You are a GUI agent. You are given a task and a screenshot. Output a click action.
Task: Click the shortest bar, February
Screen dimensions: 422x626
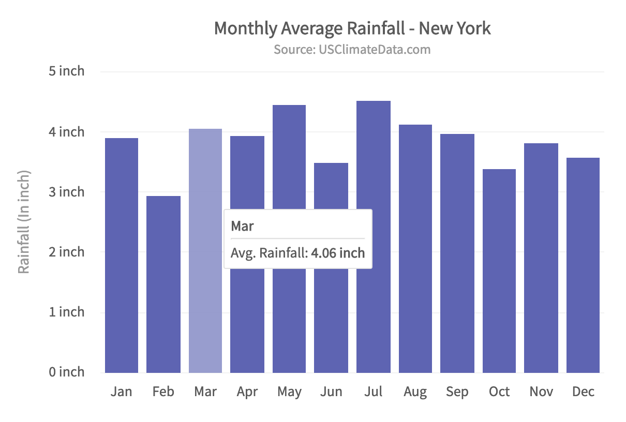tap(163, 284)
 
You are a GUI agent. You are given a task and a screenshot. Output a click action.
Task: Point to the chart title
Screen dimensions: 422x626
tap(352, 28)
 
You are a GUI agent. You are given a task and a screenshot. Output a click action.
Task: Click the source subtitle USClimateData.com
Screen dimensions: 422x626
tap(352, 50)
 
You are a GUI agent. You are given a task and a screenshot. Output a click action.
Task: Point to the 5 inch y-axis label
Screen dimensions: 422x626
tap(66, 71)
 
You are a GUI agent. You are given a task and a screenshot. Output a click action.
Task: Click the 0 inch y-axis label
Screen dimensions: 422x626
tap(66, 372)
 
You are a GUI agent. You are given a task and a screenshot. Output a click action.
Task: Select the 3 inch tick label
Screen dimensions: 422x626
tap(66, 192)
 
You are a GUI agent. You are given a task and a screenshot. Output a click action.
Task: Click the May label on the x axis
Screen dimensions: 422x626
tap(289, 392)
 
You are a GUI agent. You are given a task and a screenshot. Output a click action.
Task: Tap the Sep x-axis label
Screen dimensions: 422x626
tap(457, 391)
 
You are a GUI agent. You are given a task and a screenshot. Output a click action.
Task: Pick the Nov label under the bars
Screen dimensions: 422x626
tap(541, 391)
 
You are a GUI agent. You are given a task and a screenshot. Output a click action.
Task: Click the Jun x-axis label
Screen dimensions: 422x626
tap(331, 391)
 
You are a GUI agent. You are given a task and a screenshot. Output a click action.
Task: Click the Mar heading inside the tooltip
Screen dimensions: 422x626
tap(242, 226)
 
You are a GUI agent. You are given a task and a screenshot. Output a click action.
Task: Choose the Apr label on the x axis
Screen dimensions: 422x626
tap(247, 392)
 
